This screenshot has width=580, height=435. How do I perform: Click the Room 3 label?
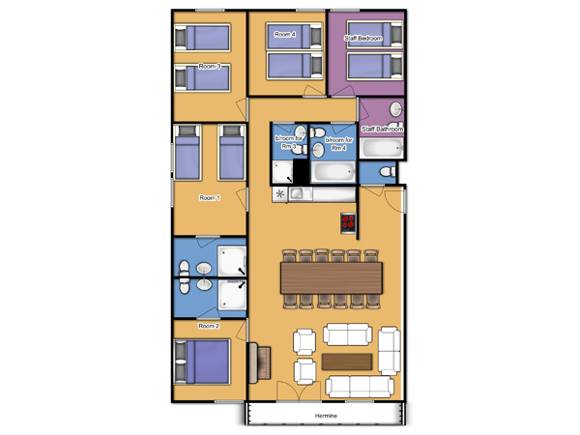tap(210, 66)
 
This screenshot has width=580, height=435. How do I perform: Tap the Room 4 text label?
tap(285, 35)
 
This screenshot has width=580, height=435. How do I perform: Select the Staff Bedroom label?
tap(362, 38)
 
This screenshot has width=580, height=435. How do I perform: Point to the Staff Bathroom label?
tap(382, 130)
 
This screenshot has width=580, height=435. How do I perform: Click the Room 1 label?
tap(210, 198)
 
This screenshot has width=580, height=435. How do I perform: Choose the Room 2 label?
tap(209, 326)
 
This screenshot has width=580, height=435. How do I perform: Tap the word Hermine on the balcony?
tap(326, 416)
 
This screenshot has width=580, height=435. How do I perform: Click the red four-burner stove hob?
tap(348, 223)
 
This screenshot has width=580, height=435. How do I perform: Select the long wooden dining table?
tap(332, 277)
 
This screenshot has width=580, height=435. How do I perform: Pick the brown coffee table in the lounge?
tap(347, 362)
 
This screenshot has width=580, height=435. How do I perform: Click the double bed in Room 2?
tap(202, 362)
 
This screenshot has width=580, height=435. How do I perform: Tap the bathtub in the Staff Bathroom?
tap(382, 148)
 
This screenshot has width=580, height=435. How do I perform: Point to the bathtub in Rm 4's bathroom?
tap(333, 172)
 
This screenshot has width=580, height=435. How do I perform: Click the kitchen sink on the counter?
tap(301, 193)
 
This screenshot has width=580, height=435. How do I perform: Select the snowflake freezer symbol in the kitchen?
tap(280, 194)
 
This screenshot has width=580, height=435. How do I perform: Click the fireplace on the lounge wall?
tap(259, 362)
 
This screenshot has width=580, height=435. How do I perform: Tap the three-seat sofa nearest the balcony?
tap(360, 387)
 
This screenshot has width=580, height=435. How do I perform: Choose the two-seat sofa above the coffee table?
tap(348, 334)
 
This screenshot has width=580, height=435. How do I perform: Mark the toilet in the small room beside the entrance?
tap(388, 172)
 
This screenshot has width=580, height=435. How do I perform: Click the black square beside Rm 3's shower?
tap(301, 172)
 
